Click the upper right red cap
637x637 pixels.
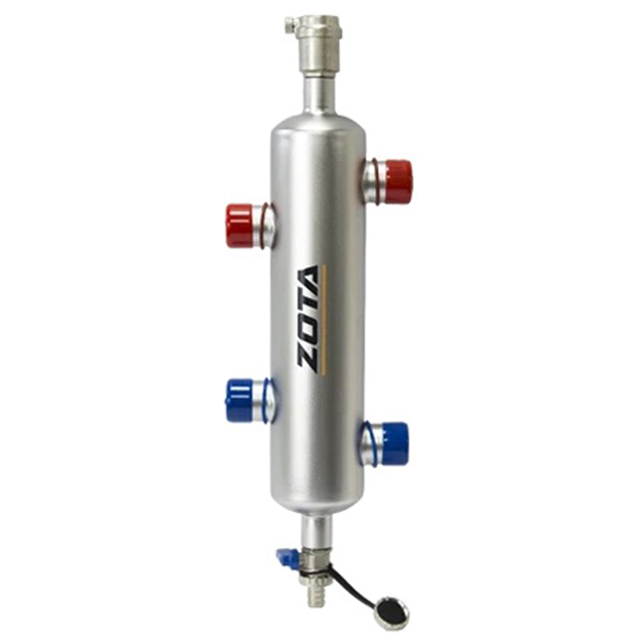click(397, 182)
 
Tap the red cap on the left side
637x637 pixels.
click(240, 226)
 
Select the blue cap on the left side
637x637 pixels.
click(239, 401)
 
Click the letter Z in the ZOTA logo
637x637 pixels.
click(308, 358)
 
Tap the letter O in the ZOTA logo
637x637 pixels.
click(308, 331)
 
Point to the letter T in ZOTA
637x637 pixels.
click(308, 307)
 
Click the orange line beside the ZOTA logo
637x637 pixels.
click(324, 318)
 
